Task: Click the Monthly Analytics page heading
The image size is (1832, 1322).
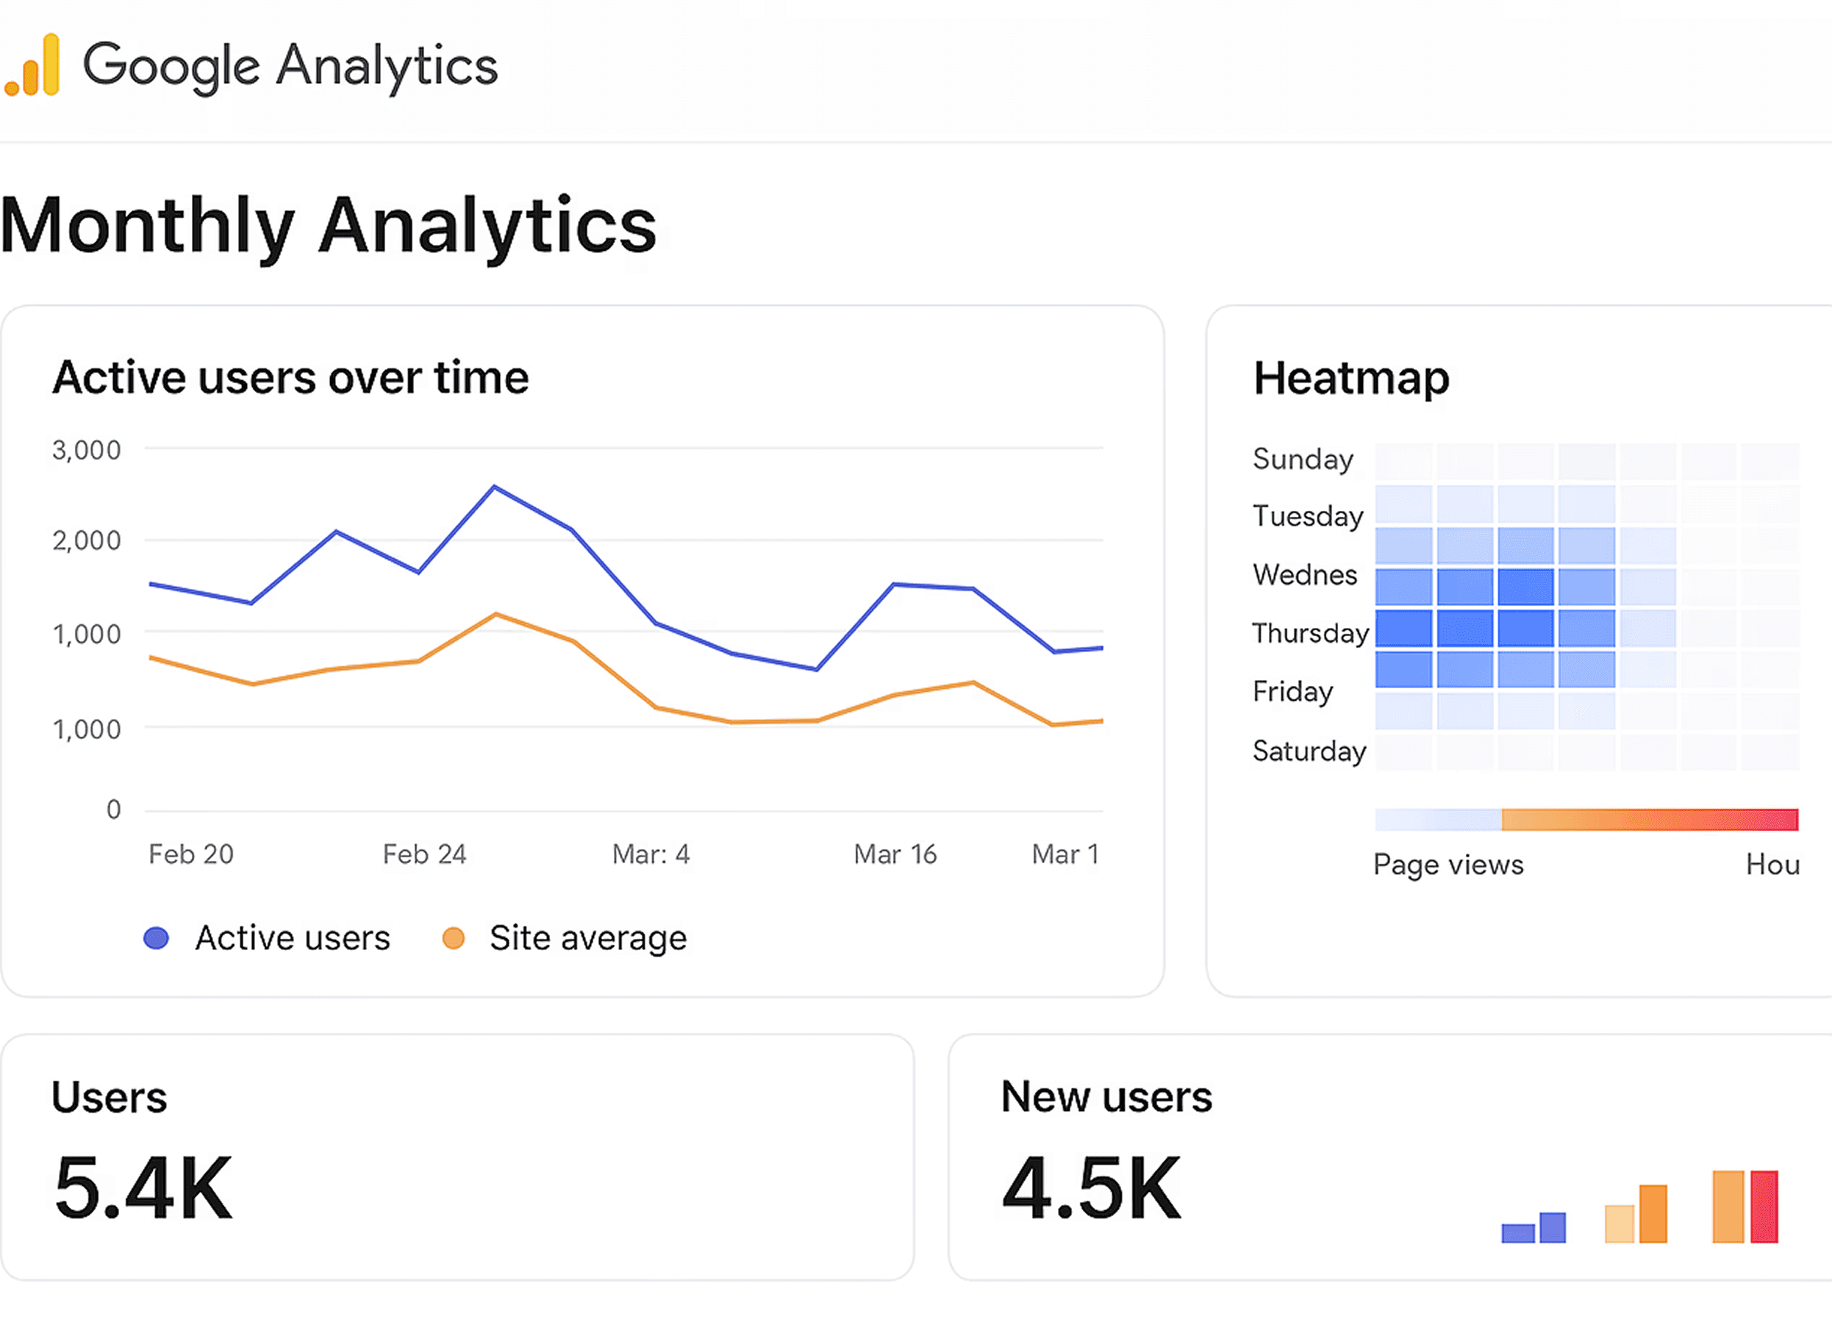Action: tap(328, 226)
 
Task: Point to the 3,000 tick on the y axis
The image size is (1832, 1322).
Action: tap(87, 450)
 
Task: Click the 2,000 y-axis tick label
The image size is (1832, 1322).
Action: tap(87, 540)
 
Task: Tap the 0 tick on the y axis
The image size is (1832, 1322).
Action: tap(114, 809)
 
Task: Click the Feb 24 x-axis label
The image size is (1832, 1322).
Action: tap(425, 854)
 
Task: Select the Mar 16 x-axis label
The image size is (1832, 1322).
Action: tap(895, 854)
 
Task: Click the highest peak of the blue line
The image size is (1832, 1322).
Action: tap(494, 487)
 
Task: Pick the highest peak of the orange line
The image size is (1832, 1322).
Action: tap(496, 614)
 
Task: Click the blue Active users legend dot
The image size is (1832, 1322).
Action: tap(156, 938)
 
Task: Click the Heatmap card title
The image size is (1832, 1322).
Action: tap(1351, 378)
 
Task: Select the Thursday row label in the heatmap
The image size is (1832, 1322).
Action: tap(1310, 633)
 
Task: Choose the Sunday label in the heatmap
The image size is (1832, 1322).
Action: tap(1303, 459)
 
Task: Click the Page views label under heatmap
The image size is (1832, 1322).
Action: tap(1448, 865)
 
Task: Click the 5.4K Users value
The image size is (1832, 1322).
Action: tap(144, 1188)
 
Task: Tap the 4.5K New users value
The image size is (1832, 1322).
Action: tap(1091, 1188)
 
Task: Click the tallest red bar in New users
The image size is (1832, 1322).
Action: tap(1764, 1207)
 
